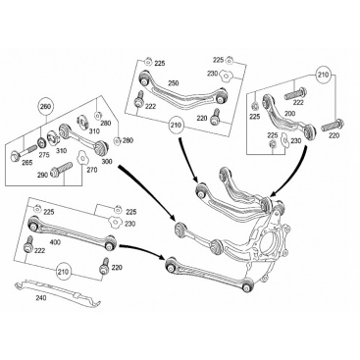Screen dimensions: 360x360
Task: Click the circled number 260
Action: click(46, 106)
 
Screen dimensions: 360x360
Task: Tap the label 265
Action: click(26, 163)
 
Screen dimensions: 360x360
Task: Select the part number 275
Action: click(44, 155)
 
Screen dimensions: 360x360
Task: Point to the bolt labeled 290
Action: click(62, 170)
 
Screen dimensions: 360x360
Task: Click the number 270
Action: click(92, 170)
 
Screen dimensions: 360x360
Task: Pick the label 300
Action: click(107, 161)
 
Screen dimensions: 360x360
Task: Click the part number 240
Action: click(41, 298)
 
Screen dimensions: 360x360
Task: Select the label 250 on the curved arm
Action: click(174, 83)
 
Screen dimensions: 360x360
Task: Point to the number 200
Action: click(289, 114)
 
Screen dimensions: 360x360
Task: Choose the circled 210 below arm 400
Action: click(63, 272)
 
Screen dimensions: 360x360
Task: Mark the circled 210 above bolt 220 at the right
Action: click(323, 75)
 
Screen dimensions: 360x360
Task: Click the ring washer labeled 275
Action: click(42, 143)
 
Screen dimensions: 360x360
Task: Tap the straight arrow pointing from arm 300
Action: click(146, 193)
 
